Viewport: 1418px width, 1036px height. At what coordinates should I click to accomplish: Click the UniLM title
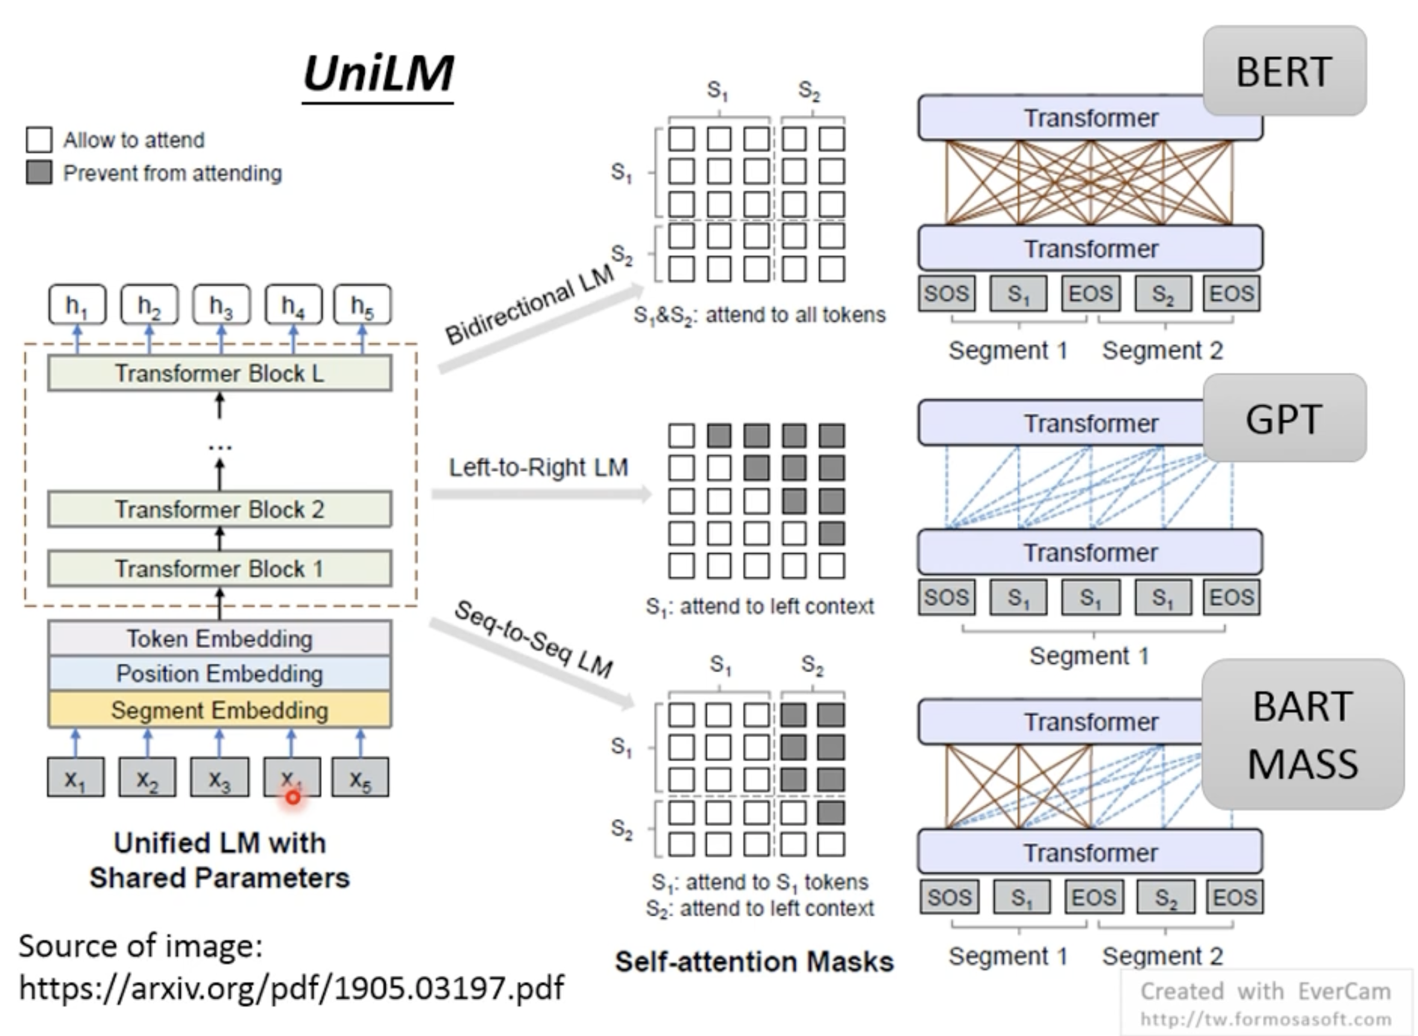[x=378, y=74]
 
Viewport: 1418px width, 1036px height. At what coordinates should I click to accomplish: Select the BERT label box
[x=1285, y=71]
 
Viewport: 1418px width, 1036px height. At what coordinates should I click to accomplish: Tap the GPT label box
[x=1285, y=419]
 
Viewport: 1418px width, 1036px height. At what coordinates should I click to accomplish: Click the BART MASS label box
[x=1303, y=734]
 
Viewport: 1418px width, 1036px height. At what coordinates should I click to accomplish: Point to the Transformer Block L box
[x=220, y=373]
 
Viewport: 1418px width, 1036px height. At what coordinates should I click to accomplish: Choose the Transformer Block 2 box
[x=220, y=509]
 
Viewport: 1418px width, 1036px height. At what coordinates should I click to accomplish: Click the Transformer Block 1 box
[x=220, y=569]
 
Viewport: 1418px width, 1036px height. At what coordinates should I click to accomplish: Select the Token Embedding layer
[x=220, y=639]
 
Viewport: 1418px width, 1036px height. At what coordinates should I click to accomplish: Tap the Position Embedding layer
[x=220, y=674]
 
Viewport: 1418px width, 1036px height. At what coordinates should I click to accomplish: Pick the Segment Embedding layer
[x=220, y=710]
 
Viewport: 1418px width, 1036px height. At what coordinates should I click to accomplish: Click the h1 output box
[x=77, y=305]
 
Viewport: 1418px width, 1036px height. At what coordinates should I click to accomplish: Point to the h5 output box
[x=362, y=305]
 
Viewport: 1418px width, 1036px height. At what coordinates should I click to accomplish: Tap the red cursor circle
[x=293, y=798]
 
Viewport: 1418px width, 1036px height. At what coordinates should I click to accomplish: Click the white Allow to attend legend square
[x=39, y=139]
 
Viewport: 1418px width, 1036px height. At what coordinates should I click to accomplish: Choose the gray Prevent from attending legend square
[x=39, y=172]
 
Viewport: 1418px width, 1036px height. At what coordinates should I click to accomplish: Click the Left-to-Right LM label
[x=538, y=467]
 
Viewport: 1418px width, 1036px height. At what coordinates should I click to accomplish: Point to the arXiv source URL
[x=292, y=988]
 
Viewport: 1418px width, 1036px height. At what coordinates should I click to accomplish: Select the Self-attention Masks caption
[x=754, y=962]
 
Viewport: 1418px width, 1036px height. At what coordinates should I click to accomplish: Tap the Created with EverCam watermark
[x=1265, y=991]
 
